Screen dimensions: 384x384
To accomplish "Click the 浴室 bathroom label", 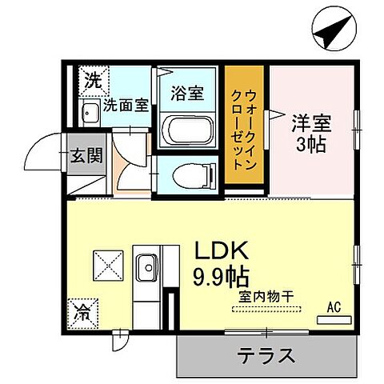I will click(x=186, y=93).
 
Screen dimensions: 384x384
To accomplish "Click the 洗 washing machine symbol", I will click(x=94, y=80).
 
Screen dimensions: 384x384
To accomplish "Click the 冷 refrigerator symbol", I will click(x=82, y=310).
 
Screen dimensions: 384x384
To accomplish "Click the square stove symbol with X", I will click(x=107, y=264).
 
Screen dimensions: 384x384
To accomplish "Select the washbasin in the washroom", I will click(x=90, y=111).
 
